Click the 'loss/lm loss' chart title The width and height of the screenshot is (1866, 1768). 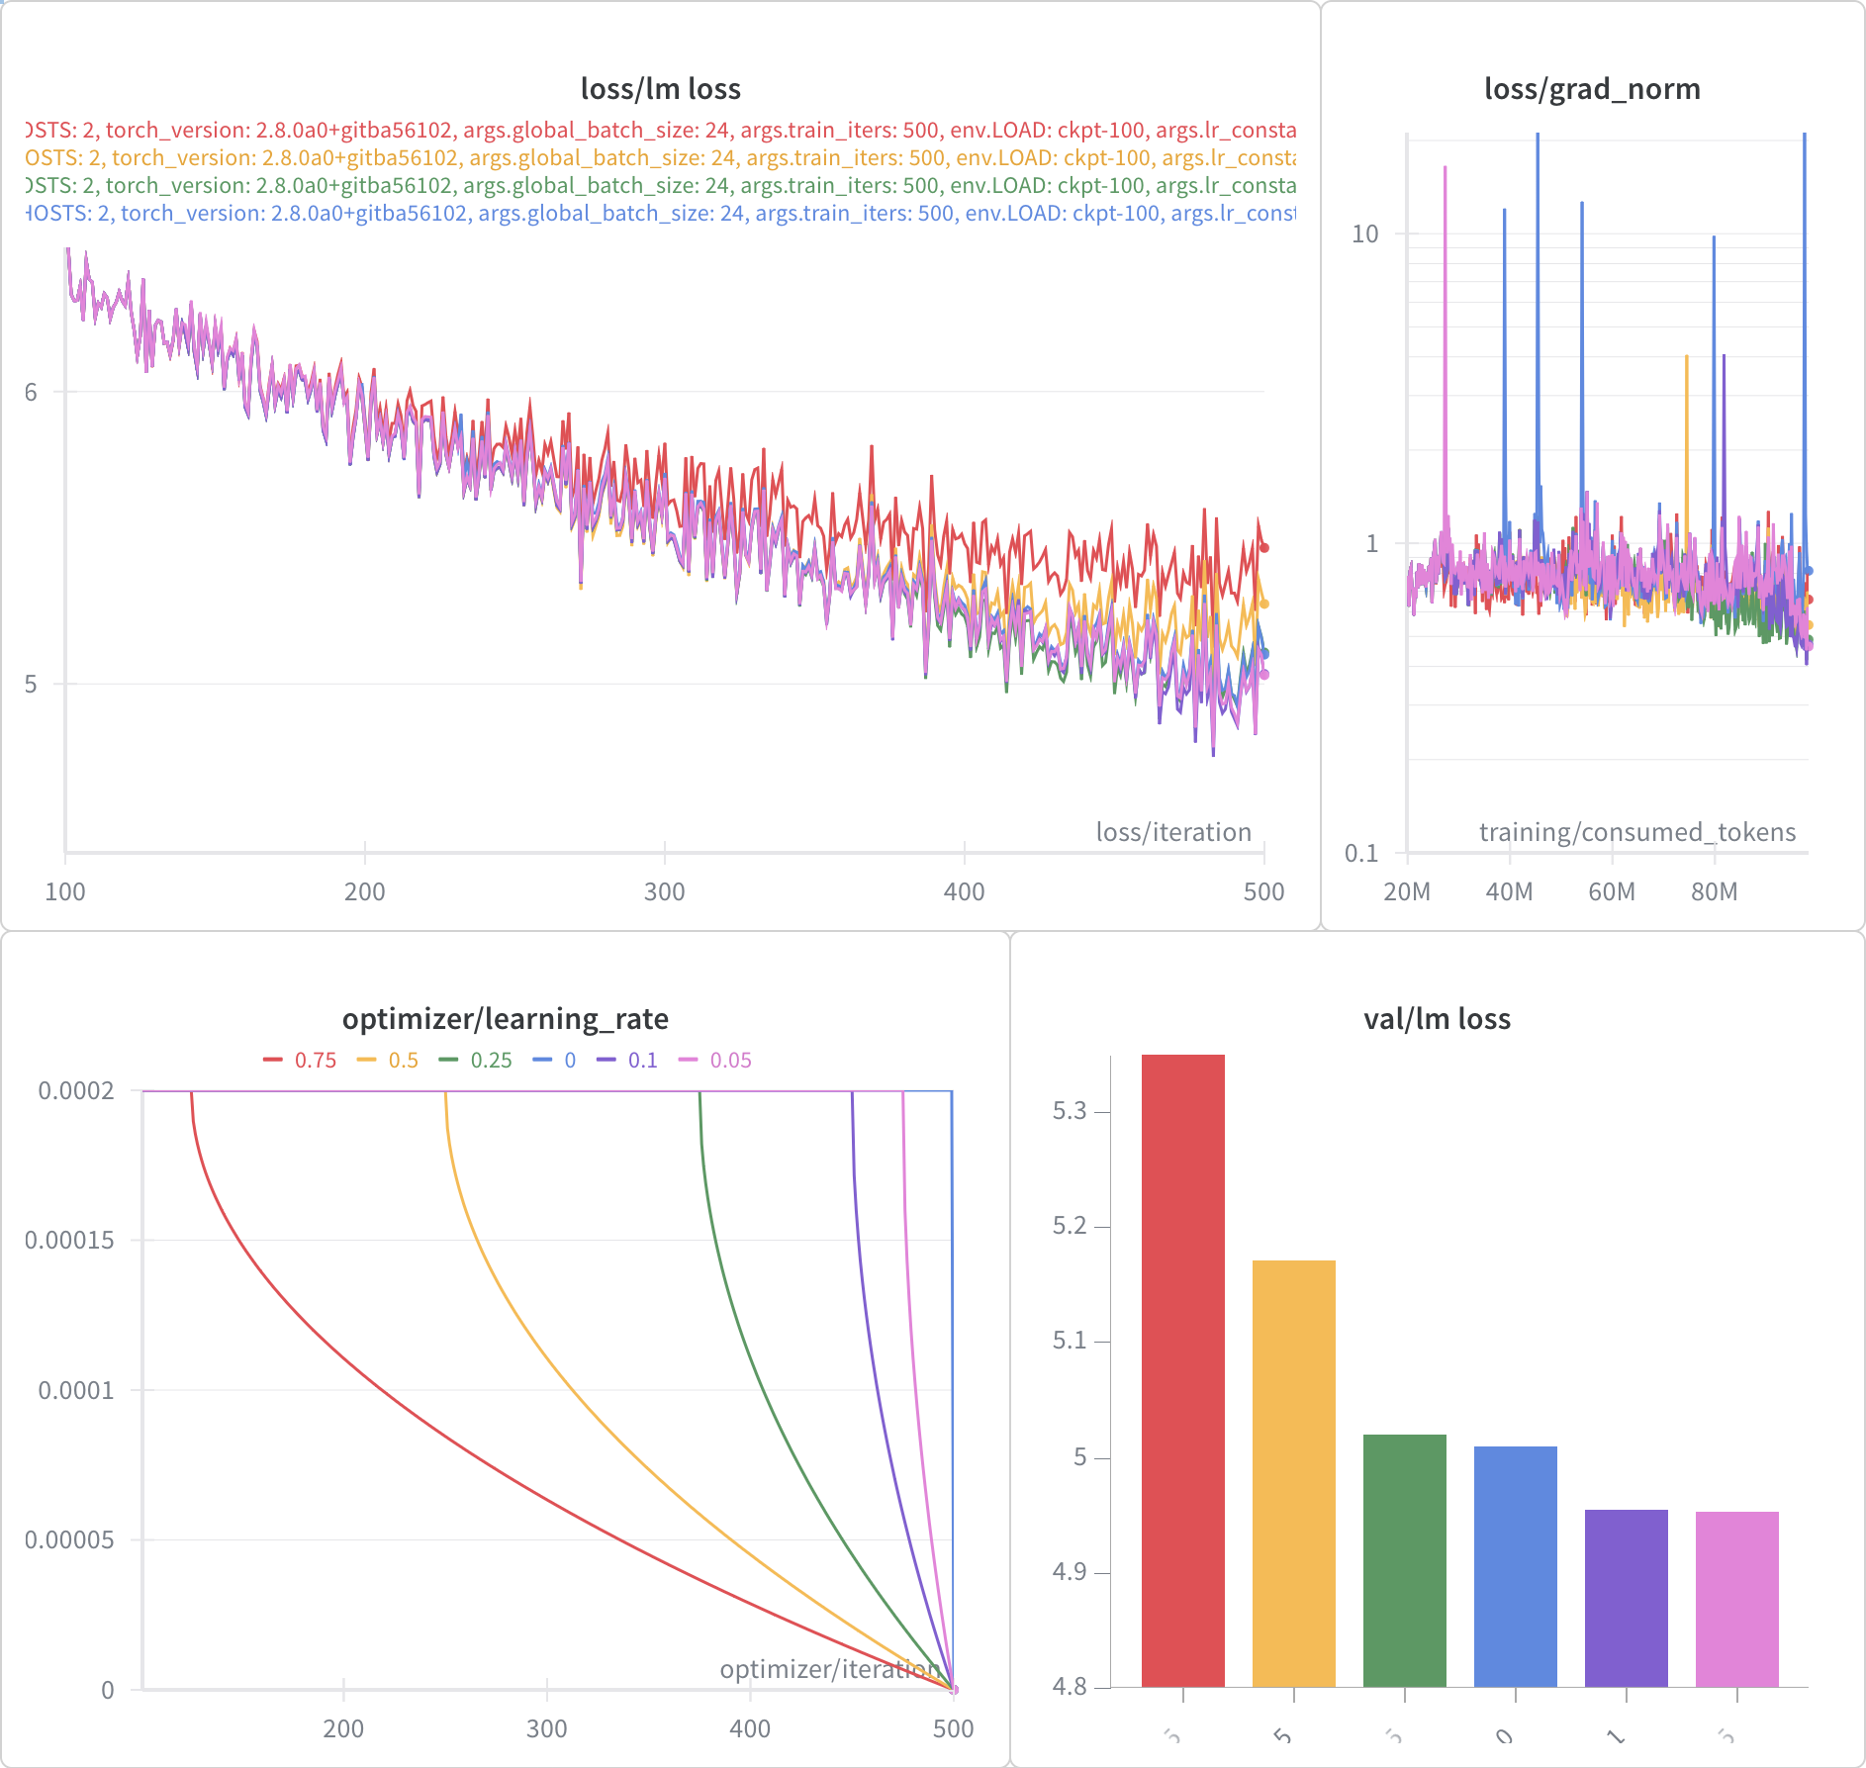[x=660, y=89]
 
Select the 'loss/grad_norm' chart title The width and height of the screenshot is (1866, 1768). [x=1592, y=89]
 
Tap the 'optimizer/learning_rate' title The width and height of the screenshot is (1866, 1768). [x=505, y=1018]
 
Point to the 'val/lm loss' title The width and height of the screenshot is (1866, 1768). [x=1437, y=1018]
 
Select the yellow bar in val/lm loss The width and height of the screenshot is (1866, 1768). [x=1293, y=1473]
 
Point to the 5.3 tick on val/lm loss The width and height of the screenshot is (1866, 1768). [x=1070, y=1111]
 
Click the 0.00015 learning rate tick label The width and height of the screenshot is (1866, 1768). [x=69, y=1240]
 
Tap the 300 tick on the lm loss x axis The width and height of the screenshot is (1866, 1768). [x=664, y=891]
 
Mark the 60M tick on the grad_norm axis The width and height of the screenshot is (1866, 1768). [x=1612, y=891]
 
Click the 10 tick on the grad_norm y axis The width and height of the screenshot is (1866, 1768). [x=1364, y=233]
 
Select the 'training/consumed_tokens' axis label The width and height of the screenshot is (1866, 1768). [x=1636, y=832]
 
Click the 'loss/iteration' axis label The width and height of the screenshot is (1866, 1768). [x=1173, y=832]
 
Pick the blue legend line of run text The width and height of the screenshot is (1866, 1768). [x=660, y=213]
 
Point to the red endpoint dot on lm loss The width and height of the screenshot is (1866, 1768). [x=1263, y=547]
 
